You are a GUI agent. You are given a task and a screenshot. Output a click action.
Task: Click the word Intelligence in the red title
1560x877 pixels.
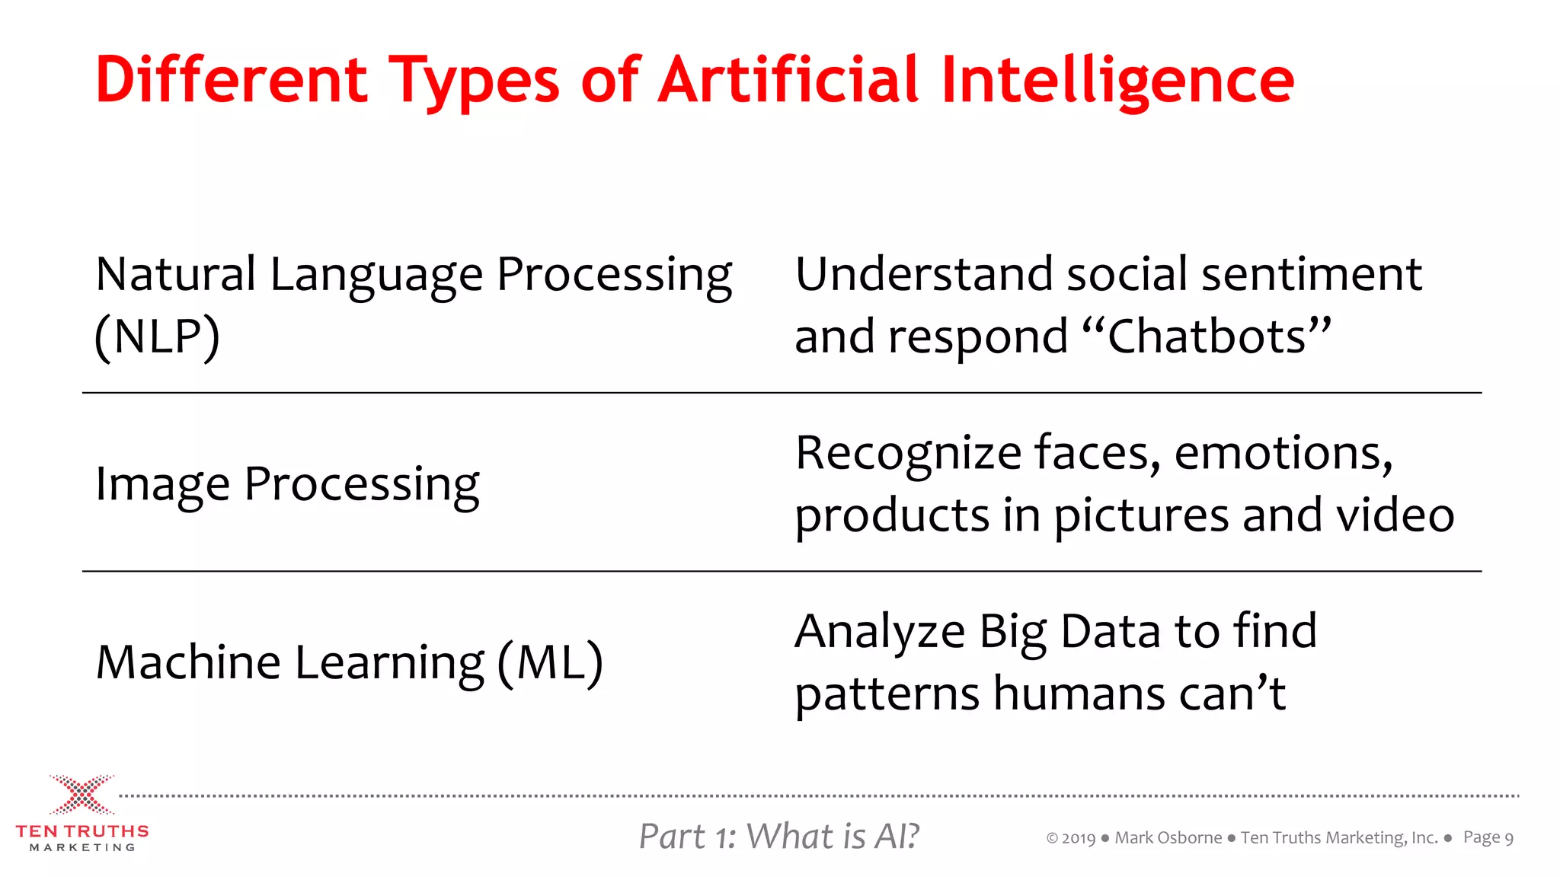click(1117, 80)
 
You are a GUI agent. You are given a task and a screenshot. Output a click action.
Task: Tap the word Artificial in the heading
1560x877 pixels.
click(789, 80)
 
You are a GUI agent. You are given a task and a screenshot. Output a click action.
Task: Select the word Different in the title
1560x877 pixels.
click(232, 80)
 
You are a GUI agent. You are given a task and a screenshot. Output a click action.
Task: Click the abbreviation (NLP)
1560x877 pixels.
click(157, 336)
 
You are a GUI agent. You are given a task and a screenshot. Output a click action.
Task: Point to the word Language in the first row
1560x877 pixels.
click(376, 276)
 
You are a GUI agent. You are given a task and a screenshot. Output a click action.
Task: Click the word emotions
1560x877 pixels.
click(1283, 453)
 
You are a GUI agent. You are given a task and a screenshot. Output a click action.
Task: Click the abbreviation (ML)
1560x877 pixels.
click(550, 662)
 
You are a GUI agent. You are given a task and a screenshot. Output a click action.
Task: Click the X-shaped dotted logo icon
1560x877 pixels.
click(82, 795)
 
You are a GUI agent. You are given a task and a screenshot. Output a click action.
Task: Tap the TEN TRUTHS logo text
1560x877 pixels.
click(82, 831)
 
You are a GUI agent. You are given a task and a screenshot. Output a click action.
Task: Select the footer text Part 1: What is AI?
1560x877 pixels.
click(778, 837)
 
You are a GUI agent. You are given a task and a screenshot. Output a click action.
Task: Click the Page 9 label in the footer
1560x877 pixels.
click(1488, 838)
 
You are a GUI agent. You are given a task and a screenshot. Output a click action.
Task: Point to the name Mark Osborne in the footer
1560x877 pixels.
click(1168, 838)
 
